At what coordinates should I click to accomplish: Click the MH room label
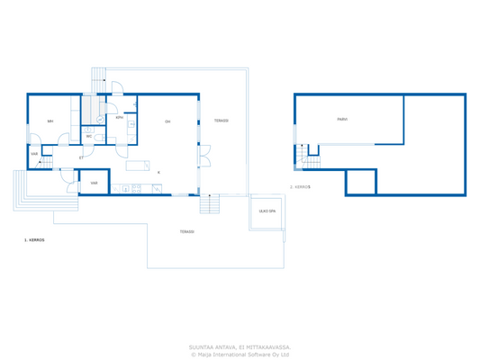tap(50, 121)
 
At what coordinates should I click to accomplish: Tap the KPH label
tap(120, 118)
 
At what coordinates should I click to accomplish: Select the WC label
tap(89, 137)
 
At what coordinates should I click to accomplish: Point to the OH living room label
tap(168, 121)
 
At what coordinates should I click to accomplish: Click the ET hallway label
tap(81, 158)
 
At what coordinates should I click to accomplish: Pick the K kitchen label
tap(159, 172)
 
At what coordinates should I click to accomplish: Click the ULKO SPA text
tap(267, 211)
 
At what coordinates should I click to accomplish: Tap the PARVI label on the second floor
tap(342, 119)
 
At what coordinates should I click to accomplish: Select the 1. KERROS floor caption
tap(34, 240)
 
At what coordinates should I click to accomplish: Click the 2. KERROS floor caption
tap(300, 187)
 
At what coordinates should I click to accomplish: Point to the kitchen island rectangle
tap(138, 165)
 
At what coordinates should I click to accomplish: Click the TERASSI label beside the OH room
tap(221, 121)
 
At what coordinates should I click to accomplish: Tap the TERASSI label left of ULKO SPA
tap(186, 231)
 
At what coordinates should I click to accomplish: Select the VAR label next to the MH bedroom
tap(34, 154)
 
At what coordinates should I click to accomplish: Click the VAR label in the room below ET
tap(94, 183)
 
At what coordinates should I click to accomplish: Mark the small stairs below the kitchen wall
tap(209, 205)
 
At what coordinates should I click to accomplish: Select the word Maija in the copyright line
tap(207, 354)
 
